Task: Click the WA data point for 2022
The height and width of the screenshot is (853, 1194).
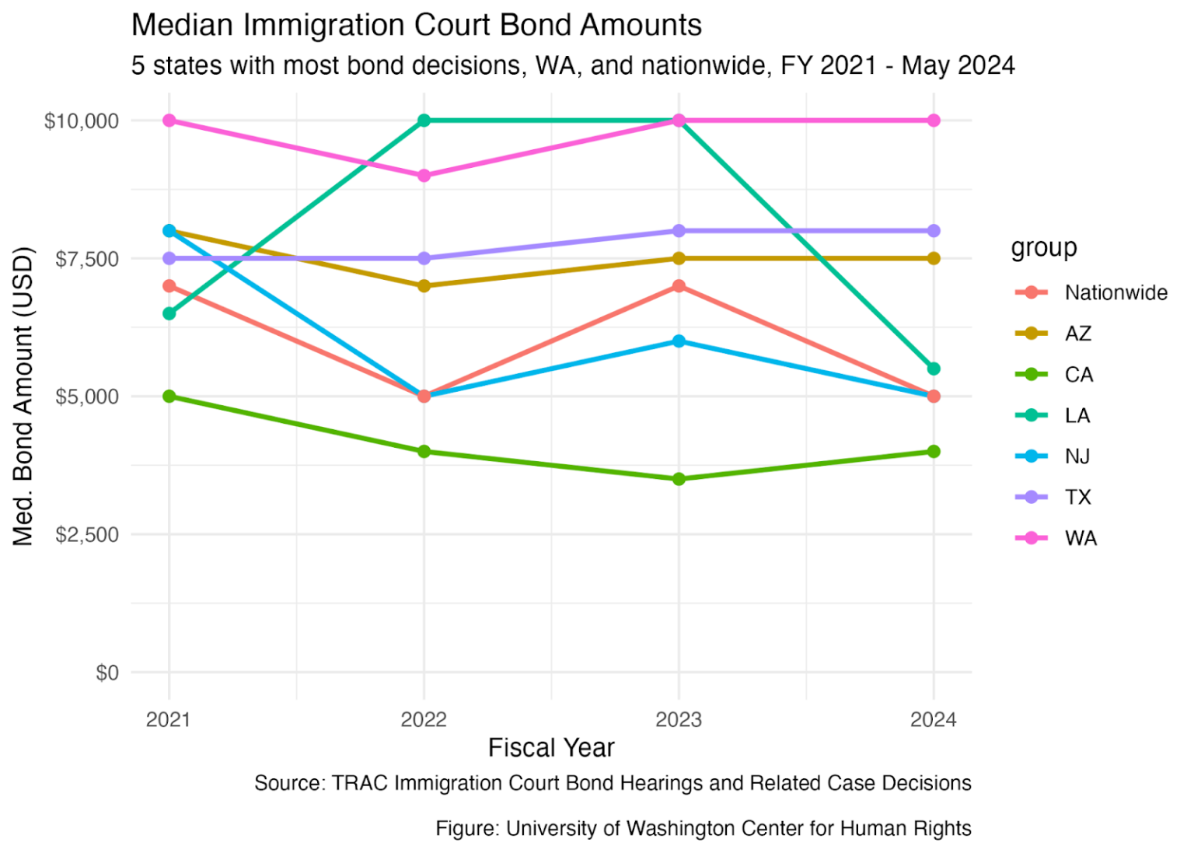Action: click(424, 176)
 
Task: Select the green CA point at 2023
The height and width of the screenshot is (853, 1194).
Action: click(679, 479)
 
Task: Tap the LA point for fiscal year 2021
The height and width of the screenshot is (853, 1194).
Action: click(169, 313)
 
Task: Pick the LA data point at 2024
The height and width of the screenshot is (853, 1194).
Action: click(934, 369)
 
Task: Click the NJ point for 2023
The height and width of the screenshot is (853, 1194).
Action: click(679, 341)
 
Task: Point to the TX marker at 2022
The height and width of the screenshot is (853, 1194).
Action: click(424, 259)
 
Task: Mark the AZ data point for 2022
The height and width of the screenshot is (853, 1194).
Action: click(424, 285)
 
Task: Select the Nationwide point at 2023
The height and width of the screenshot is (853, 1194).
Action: click(679, 285)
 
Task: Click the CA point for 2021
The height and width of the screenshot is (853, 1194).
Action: click(169, 396)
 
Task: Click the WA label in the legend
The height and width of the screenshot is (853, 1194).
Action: click(1081, 538)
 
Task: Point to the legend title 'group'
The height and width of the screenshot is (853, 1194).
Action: click(1044, 248)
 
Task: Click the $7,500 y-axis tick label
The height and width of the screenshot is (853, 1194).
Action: click(87, 259)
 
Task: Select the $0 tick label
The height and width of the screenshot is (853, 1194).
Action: click(107, 673)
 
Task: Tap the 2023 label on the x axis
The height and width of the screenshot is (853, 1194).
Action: click(679, 720)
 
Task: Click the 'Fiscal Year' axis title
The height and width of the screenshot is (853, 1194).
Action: click(551, 747)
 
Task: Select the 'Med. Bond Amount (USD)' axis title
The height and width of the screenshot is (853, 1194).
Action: click(23, 396)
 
